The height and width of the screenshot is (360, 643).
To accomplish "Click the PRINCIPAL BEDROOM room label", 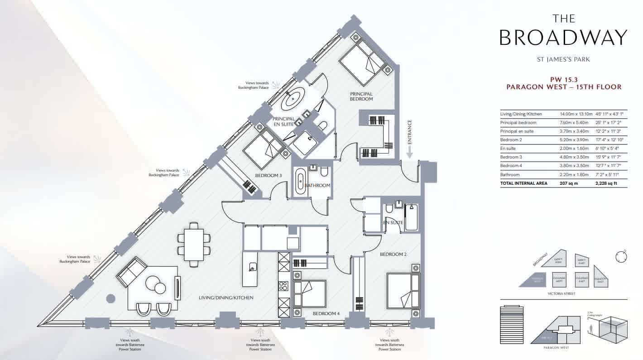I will [361, 96].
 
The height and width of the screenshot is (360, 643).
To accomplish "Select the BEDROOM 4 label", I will [326, 313].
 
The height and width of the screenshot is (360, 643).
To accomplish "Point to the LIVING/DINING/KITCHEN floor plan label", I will [226, 298].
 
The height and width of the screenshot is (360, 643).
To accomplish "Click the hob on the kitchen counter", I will [283, 286].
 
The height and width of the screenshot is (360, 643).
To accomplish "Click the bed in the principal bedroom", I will [364, 62].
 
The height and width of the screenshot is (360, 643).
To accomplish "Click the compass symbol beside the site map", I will [621, 256].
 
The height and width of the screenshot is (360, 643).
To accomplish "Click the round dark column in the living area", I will [110, 298].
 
